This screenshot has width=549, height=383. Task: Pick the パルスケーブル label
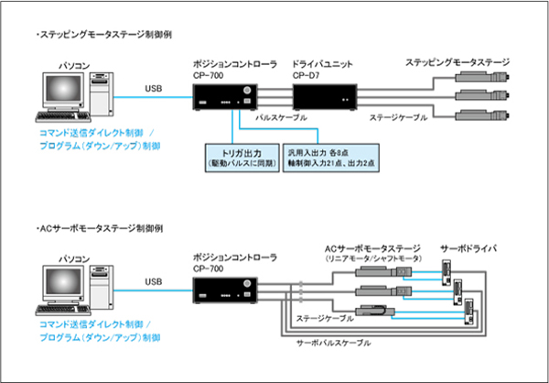click(x=279, y=119)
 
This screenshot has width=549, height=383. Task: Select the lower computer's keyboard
click(x=64, y=308)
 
